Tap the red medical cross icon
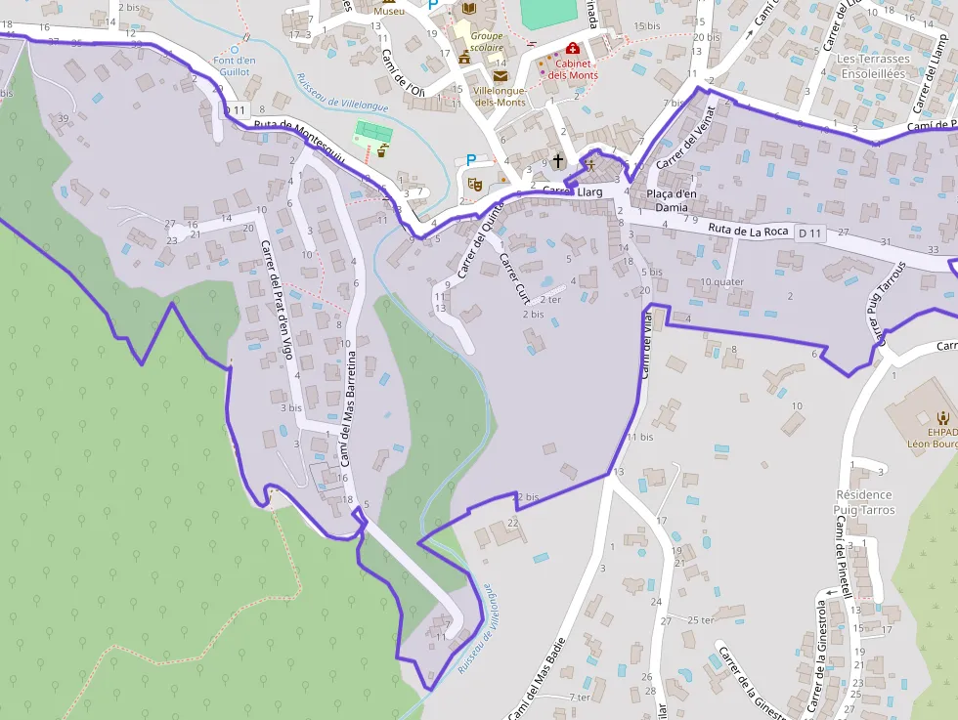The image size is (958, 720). (x=572, y=48)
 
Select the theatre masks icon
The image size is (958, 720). (x=475, y=183)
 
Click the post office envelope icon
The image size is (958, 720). (x=501, y=75)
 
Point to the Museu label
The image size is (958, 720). (x=389, y=11)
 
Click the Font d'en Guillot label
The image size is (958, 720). (x=234, y=65)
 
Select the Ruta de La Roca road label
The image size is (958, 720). (x=748, y=231)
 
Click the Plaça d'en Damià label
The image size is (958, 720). (x=673, y=200)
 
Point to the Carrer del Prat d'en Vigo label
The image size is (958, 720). (x=277, y=298)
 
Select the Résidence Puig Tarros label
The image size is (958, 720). (x=865, y=502)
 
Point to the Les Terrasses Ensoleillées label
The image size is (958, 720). (x=873, y=65)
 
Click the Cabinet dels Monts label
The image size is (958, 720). (x=573, y=69)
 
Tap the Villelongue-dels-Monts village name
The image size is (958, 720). (x=500, y=96)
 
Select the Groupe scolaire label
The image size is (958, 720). (x=486, y=41)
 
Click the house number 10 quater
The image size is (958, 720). (x=721, y=282)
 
